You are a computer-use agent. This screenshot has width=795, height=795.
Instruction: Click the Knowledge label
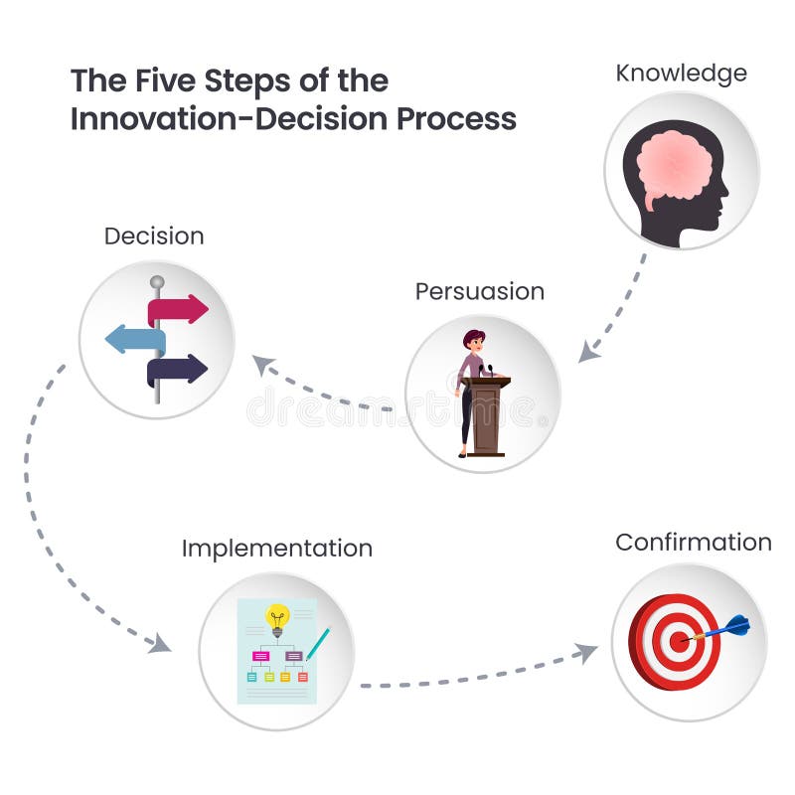point(681,73)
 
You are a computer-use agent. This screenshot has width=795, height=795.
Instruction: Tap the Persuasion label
point(480,291)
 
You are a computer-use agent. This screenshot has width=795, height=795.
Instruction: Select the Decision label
point(154,236)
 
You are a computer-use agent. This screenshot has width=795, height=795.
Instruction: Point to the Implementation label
point(277,548)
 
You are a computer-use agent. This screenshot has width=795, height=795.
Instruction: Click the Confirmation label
point(693,542)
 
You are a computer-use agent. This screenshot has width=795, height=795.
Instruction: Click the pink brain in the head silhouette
point(673,168)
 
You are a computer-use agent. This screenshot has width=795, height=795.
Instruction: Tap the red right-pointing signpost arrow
point(178,309)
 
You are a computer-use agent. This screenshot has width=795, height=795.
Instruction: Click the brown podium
point(488,414)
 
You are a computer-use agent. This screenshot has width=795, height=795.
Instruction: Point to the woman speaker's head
point(474,340)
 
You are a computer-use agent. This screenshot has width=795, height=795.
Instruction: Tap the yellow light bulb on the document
point(278,617)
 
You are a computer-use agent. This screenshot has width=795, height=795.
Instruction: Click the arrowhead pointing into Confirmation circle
point(587,652)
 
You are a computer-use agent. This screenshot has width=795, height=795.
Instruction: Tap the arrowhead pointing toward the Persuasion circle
point(589,351)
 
